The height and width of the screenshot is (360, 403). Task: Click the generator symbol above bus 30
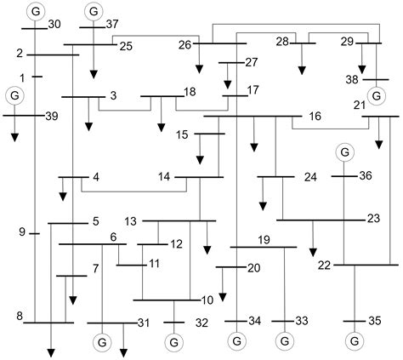[36, 11]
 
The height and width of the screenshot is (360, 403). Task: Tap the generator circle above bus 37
[94, 11]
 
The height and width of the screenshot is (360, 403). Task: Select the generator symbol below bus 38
[377, 96]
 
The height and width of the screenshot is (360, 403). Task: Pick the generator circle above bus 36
[344, 152]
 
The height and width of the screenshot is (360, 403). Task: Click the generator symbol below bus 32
[174, 342]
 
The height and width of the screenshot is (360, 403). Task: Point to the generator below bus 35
[355, 341]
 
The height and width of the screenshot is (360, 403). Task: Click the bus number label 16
[315, 116]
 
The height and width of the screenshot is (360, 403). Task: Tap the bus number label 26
[184, 45]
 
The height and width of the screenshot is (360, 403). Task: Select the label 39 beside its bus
[52, 116]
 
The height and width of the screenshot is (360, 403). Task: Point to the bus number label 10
[207, 300]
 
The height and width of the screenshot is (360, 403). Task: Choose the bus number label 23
[373, 219]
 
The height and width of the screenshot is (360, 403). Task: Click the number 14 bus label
[164, 177]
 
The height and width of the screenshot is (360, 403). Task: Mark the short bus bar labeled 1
[37, 77]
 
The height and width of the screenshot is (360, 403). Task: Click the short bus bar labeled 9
[35, 234]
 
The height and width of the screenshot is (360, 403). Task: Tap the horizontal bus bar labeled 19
[264, 247]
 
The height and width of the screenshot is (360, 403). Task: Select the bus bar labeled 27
[231, 63]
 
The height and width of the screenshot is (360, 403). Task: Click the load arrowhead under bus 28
[302, 71]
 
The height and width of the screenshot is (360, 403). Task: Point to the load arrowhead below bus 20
[223, 297]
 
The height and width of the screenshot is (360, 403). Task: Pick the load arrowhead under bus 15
[200, 160]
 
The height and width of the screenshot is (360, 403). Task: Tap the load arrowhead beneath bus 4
[63, 197]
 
